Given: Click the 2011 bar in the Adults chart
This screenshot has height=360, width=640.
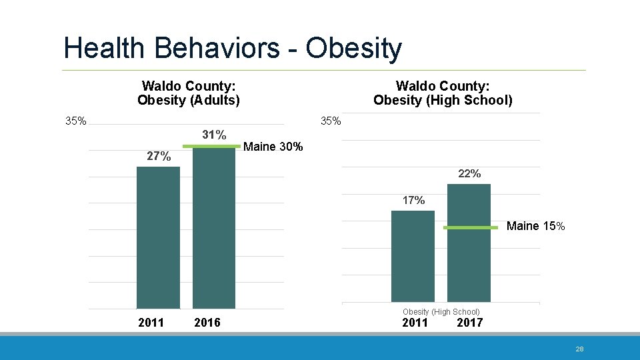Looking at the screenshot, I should click(158, 237).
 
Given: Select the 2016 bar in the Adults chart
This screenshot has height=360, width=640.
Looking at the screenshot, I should click(214, 227).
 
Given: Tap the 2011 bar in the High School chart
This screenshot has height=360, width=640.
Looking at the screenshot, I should click(413, 256).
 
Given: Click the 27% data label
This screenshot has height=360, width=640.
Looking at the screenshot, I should click(159, 157).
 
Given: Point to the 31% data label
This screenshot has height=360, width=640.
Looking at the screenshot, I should click(214, 135).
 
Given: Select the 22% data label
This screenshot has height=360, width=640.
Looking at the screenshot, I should click(469, 173).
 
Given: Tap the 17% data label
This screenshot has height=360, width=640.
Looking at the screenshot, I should click(413, 200).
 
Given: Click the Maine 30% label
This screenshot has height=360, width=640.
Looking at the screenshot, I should click(273, 147).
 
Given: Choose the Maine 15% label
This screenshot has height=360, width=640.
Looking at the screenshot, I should click(535, 226).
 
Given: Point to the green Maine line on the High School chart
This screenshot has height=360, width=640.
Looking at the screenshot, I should click(471, 228).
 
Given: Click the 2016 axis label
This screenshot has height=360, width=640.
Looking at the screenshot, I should click(207, 323).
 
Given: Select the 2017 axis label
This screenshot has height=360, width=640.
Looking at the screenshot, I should click(469, 323).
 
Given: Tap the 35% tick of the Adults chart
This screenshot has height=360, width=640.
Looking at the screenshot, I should click(75, 121).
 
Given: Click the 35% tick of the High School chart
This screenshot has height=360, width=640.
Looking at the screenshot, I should click(331, 121).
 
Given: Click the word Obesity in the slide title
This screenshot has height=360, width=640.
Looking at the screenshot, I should click(353, 48).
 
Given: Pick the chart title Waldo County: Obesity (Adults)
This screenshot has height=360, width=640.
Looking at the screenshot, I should click(189, 93).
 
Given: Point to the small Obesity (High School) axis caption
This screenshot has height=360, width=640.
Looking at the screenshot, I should click(441, 312).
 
